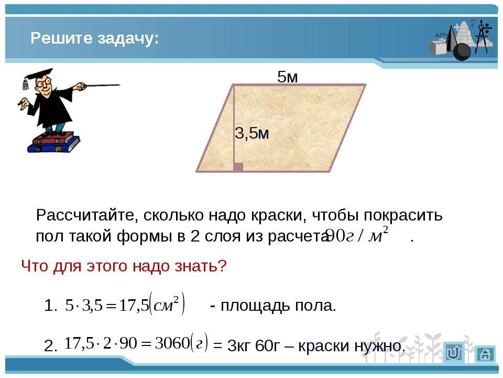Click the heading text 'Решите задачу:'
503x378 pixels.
pyautogui.click(x=95, y=38)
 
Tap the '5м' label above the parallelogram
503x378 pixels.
pyautogui.click(x=288, y=77)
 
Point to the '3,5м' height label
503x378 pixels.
pyautogui.click(x=252, y=133)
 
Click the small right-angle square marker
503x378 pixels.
pyautogui.click(x=238, y=167)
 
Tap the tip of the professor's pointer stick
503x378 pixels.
pyautogui.click(x=119, y=85)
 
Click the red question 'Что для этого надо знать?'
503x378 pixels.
pyautogui.click(x=124, y=266)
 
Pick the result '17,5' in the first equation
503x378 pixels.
pyautogui.click(x=134, y=305)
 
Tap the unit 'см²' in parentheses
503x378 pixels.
pyautogui.click(x=166, y=304)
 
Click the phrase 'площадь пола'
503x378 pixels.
pyautogui.click(x=278, y=306)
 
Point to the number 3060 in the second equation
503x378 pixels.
pyautogui.click(x=172, y=343)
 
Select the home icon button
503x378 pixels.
pyautogui.click(x=485, y=354)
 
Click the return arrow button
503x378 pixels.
pyautogui.click(x=454, y=353)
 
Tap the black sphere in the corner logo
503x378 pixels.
pyautogui.click(x=462, y=51)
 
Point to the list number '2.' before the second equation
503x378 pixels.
pyautogui.click(x=51, y=346)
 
